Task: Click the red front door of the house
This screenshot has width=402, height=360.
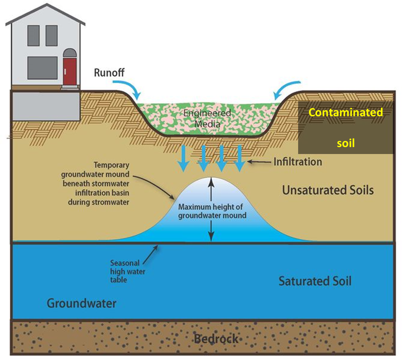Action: tap(70, 71)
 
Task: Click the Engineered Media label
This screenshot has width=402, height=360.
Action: tap(207, 119)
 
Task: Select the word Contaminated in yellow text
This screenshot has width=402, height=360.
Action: tap(346, 112)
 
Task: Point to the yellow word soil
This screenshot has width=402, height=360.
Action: tap(346, 144)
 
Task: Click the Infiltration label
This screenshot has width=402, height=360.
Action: tap(298, 162)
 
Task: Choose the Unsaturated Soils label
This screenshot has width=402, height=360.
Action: tap(328, 190)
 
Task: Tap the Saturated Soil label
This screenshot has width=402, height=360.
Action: tap(315, 281)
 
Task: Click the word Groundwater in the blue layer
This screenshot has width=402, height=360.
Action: tap(82, 303)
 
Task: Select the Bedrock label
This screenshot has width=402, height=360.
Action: tap(216, 339)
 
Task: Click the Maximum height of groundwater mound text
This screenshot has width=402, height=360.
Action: tap(212, 211)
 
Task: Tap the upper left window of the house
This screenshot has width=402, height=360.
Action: tap(33, 35)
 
